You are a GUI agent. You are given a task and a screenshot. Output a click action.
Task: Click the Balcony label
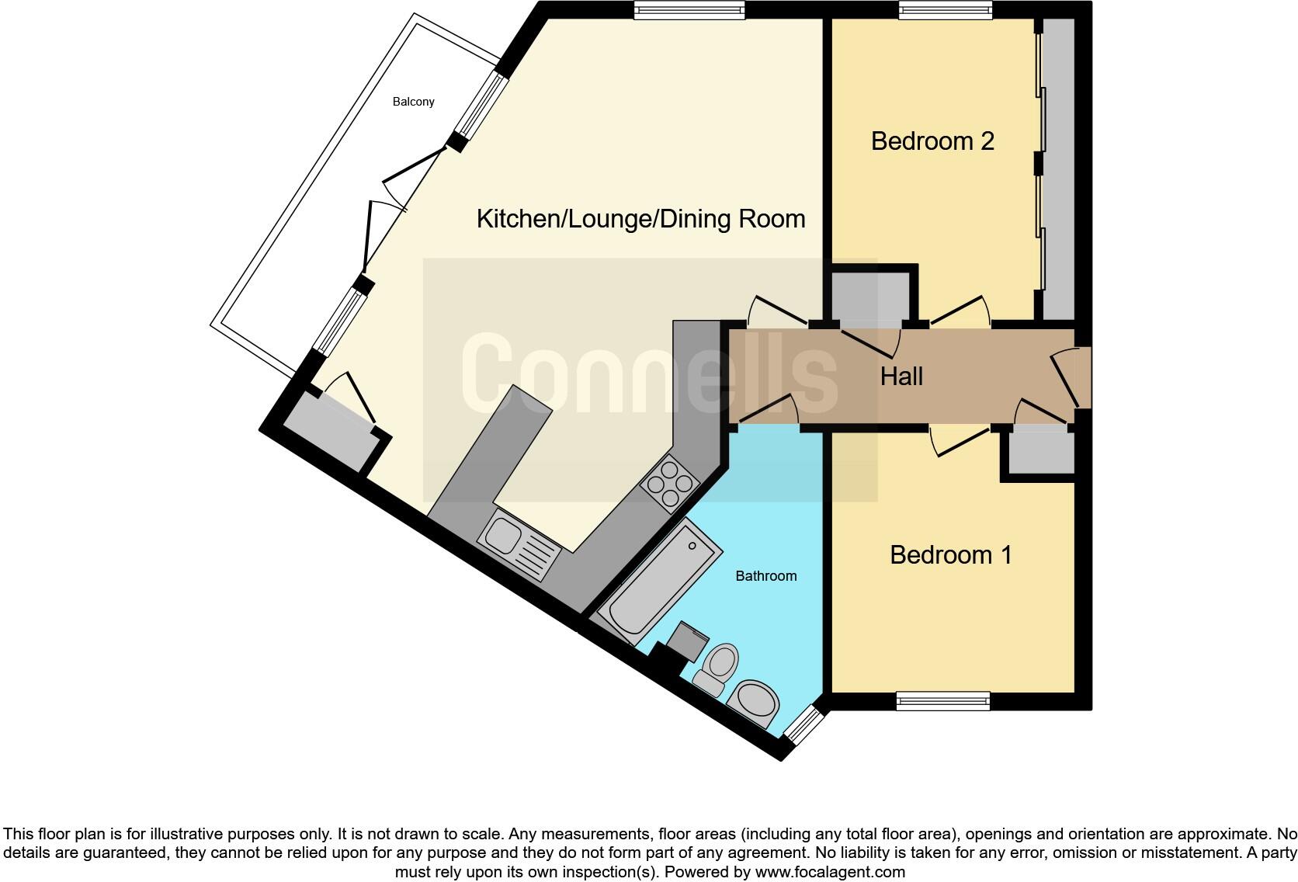point(413,102)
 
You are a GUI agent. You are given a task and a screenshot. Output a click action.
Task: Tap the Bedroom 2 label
point(932,141)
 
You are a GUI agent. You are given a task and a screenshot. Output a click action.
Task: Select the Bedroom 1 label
point(950,555)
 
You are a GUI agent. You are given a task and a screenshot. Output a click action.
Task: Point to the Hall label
point(901,377)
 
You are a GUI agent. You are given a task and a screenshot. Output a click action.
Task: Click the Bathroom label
point(765,576)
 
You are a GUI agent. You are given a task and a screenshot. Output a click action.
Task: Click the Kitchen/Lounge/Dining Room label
point(640,219)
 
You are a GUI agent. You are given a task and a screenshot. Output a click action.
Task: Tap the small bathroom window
point(801,724)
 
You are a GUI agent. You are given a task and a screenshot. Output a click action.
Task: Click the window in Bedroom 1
point(942,701)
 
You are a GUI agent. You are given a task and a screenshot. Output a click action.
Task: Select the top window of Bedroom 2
point(945,10)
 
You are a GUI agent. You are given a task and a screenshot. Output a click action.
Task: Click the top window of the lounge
point(689,10)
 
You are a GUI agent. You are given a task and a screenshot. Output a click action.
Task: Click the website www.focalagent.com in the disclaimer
point(830,872)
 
